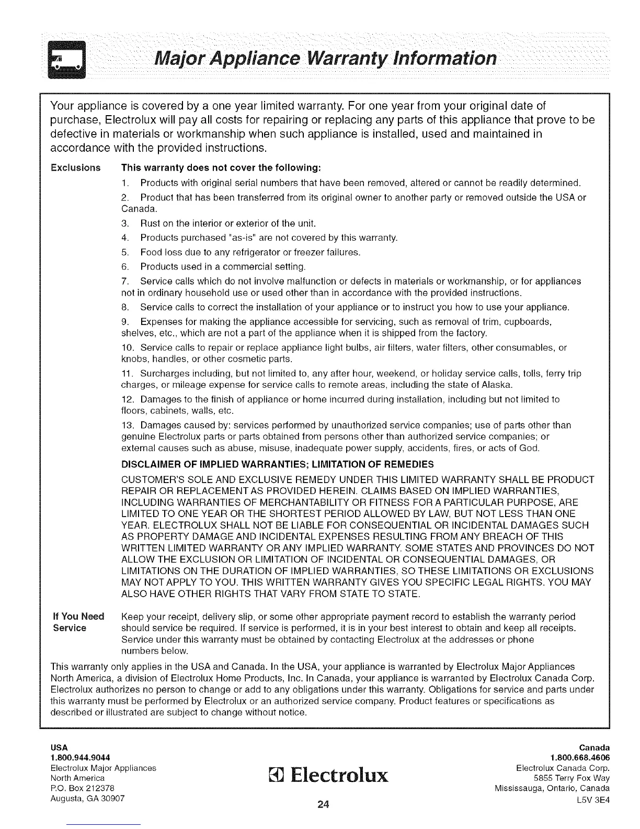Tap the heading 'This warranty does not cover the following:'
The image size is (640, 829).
220,168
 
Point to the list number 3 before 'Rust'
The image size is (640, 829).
124,225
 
